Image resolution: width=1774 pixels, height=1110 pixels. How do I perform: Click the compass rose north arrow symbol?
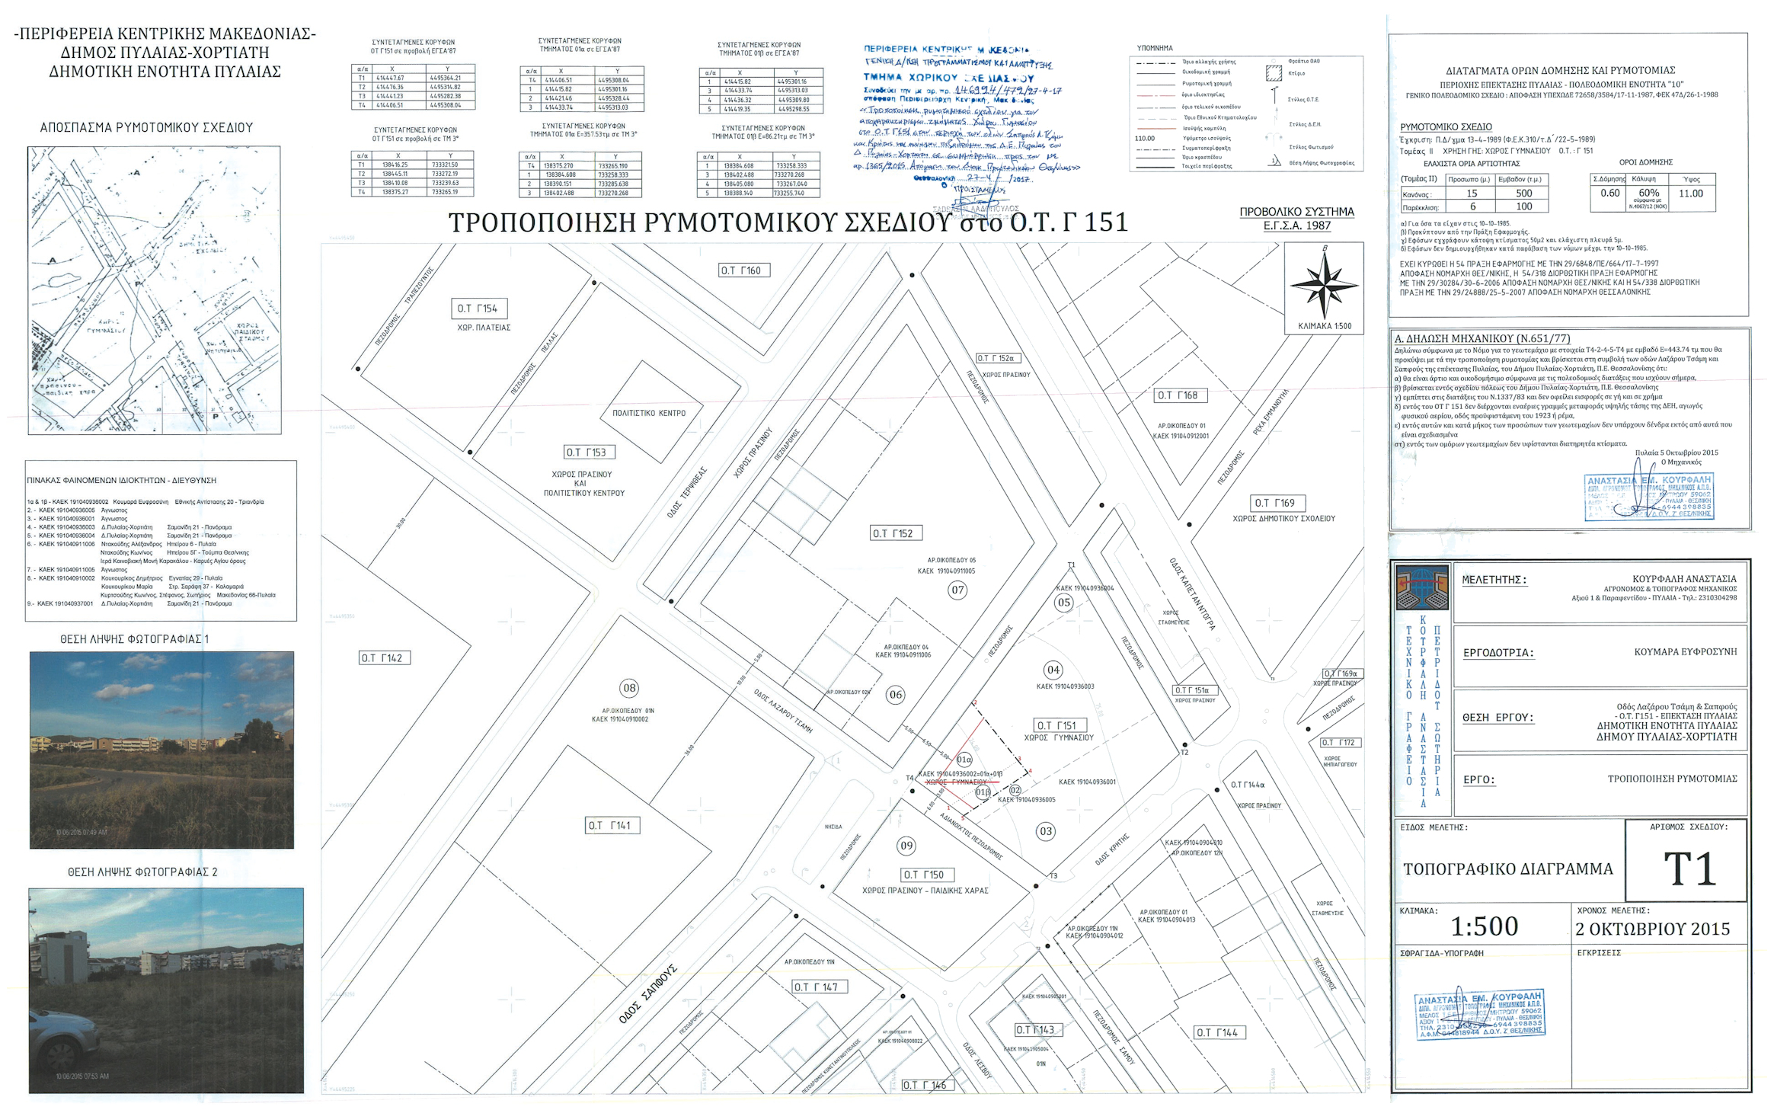pos(1325,285)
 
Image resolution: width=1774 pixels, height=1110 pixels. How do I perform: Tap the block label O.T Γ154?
pos(478,309)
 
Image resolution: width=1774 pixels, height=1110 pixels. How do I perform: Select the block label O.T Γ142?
pos(384,657)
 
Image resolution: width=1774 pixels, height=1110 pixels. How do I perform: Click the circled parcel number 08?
pos(629,688)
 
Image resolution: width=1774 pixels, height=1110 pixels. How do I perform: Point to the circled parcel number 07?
pos(957,590)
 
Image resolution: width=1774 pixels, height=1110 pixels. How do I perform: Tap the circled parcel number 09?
pos(906,845)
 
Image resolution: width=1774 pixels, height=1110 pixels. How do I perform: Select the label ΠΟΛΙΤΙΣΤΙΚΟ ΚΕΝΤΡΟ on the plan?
pos(649,414)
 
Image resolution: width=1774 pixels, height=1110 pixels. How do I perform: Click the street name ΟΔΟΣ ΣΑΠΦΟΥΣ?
pos(648,993)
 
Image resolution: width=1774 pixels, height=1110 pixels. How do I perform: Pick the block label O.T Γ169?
pos(1279,503)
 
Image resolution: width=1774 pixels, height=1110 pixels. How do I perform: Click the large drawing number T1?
pos(1690,869)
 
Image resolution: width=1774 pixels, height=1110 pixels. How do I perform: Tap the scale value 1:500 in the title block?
pos(1484,926)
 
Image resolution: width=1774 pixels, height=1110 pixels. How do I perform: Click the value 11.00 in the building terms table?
pos(1690,194)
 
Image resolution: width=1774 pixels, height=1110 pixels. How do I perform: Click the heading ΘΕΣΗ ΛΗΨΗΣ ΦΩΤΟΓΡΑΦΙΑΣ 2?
pos(142,872)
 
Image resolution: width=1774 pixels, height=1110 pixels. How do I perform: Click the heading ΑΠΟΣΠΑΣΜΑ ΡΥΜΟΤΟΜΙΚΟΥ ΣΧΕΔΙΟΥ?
pos(146,128)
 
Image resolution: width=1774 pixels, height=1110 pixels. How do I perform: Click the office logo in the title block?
pos(1421,587)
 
